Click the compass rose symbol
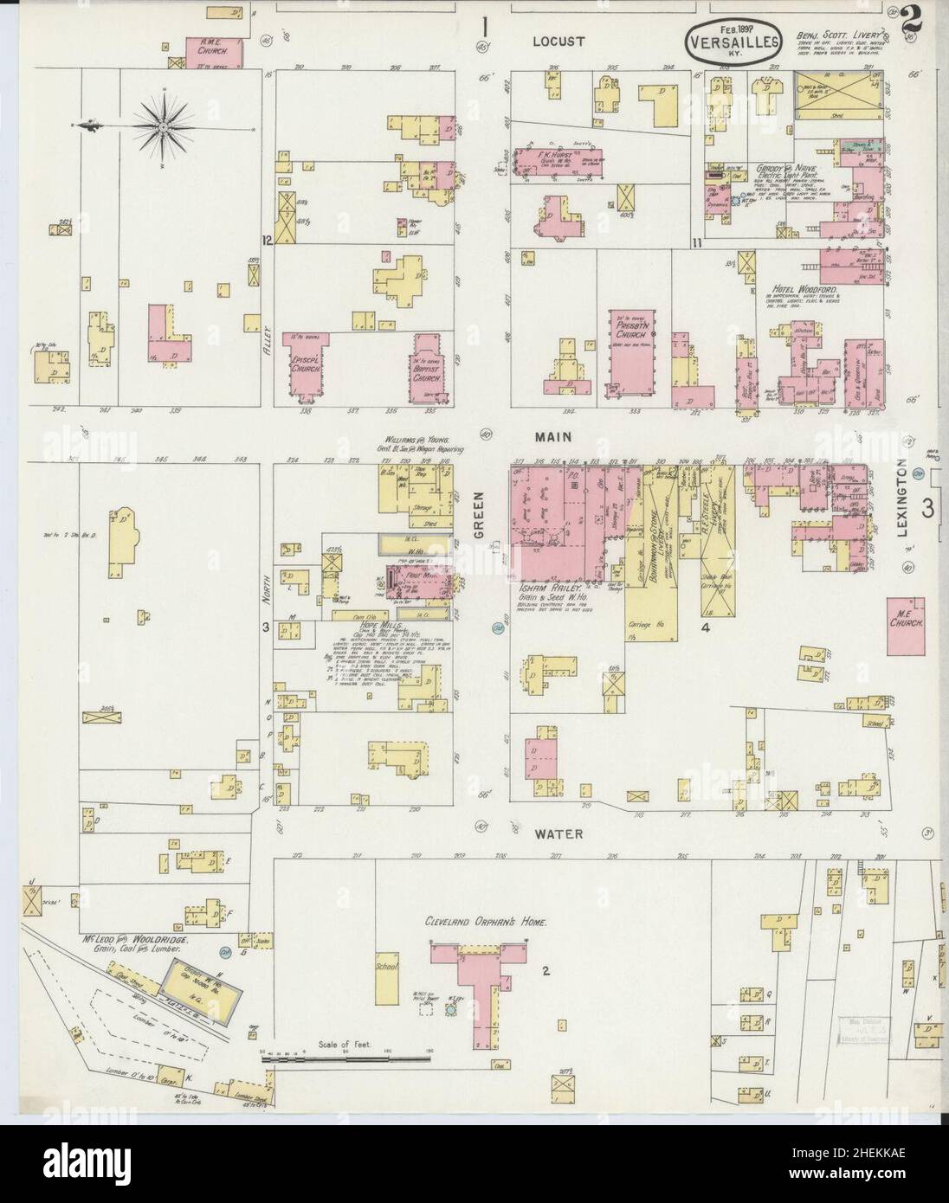162,127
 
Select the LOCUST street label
558,40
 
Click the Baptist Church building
429,372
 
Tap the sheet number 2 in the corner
909,21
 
